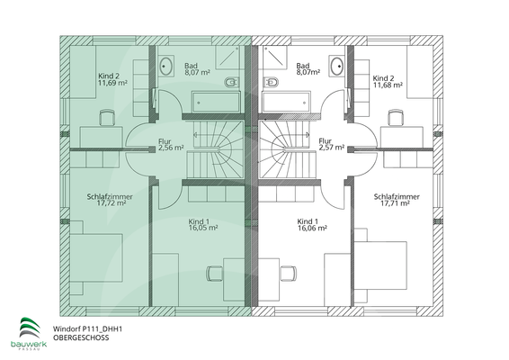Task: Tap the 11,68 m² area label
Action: [x=388, y=84]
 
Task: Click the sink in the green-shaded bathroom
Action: [x=168, y=67]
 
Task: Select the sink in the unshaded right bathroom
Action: [x=337, y=67]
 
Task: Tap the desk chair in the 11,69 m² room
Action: [x=108, y=118]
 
